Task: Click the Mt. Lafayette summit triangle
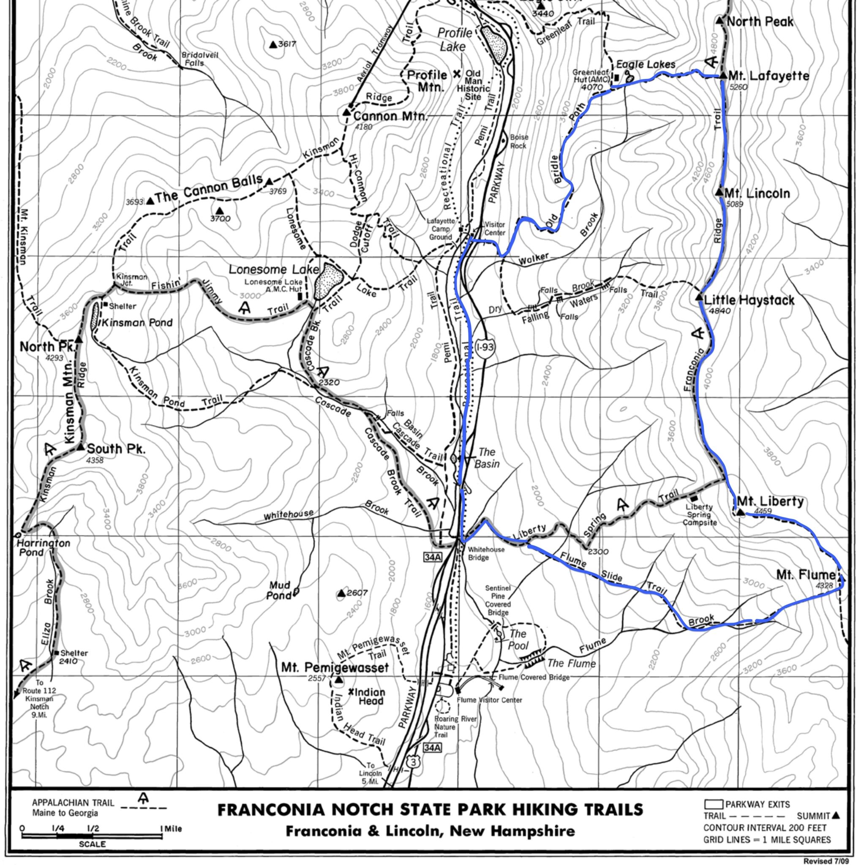pyautogui.click(x=723, y=76)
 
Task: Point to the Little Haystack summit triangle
pyautogui.click(x=699, y=297)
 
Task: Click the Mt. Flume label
pyautogui.click(x=806, y=574)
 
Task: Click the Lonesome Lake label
pyautogui.click(x=274, y=269)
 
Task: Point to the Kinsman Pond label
pyautogui.click(x=137, y=323)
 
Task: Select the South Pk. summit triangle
pyautogui.click(x=81, y=447)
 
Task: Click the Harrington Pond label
pyautogui.click(x=44, y=547)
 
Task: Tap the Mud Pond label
pyautogui.click(x=280, y=590)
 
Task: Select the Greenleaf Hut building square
pyautogui.click(x=616, y=77)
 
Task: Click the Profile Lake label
pyautogui.click(x=454, y=39)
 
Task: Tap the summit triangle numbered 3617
pyautogui.click(x=272, y=44)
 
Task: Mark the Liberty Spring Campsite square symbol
pyautogui.click(x=694, y=498)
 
